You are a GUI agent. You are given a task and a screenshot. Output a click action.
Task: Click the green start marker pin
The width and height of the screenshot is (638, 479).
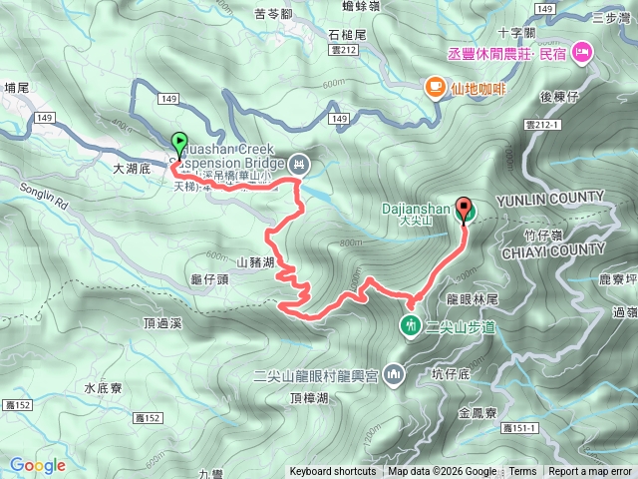click(178, 142)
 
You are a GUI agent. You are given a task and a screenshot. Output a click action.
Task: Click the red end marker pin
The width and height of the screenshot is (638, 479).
click(464, 210)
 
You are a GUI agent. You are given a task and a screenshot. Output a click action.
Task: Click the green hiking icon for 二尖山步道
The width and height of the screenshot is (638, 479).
click(410, 324)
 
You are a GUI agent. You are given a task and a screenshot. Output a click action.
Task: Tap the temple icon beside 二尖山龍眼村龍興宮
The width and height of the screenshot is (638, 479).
click(395, 375)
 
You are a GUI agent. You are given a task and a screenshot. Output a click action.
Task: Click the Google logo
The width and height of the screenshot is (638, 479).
click(37, 464)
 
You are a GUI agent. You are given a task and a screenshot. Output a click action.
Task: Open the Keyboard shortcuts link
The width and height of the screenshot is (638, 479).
click(333, 472)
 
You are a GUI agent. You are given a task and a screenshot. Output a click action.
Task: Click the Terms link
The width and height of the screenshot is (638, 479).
click(522, 472)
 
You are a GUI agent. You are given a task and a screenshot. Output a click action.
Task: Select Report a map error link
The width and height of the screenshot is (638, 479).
click(590, 472)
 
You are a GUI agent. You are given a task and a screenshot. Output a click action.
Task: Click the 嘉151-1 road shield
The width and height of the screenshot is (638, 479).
click(520, 428)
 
